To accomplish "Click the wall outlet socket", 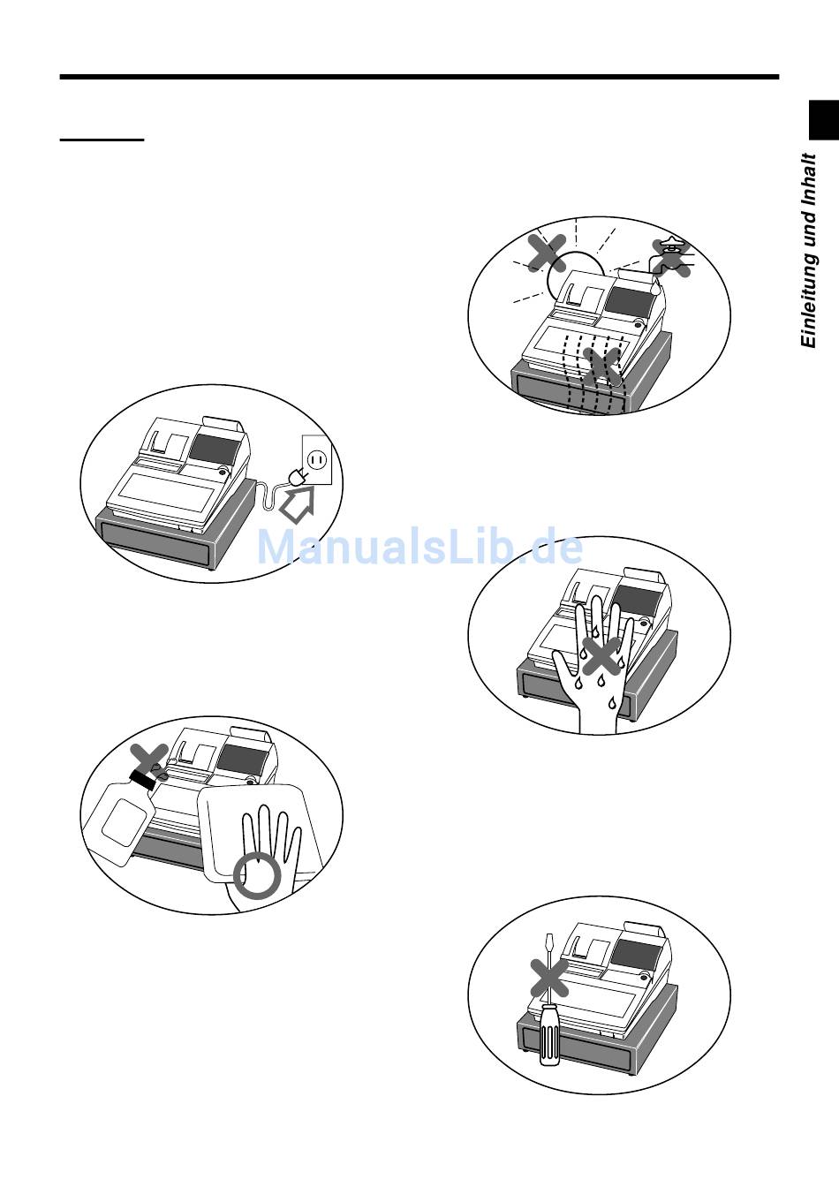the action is coord(317,459).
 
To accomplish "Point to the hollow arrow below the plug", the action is coord(298,506).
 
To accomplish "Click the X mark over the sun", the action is coord(548,253).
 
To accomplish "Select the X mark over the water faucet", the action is coord(671,258).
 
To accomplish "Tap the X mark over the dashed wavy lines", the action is coord(601,365).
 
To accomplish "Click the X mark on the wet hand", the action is coord(601,655).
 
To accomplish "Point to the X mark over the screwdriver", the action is coord(549,977).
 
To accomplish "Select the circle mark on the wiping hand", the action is coord(256,877).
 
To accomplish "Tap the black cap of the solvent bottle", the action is coord(141,780).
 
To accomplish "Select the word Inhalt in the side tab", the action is coord(809,178).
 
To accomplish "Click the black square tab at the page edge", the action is coord(824,120).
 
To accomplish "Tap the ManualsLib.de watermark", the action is coord(420,548).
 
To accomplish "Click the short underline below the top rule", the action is coord(102,140).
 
